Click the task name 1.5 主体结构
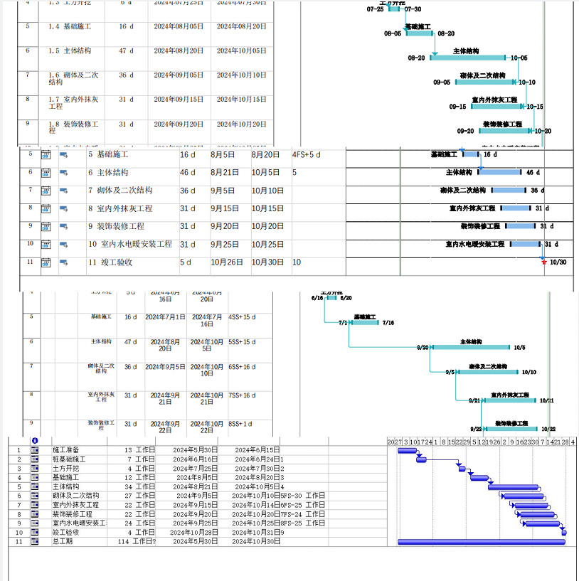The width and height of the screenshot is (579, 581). (x=69, y=50)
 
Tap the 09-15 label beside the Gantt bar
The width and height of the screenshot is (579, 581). (x=457, y=107)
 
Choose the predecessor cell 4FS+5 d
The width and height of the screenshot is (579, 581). (x=307, y=154)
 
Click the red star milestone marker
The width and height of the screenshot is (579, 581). (x=544, y=262)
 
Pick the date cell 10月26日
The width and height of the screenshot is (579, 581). (x=226, y=262)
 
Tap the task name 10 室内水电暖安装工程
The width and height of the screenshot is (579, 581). (x=129, y=244)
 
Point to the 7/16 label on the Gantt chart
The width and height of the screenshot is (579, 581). (x=388, y=323)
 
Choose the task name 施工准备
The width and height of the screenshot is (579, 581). (x=66, y=450)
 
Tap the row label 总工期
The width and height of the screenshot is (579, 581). (x=62, y=542)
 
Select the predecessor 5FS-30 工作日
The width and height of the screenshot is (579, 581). (x=302, y=496)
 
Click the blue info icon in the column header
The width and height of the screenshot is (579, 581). (x=34, y=441)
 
